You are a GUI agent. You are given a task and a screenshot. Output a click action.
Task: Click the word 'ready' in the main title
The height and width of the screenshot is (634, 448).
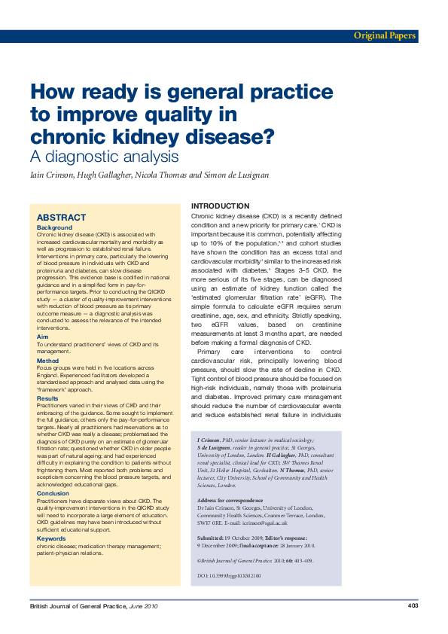106,93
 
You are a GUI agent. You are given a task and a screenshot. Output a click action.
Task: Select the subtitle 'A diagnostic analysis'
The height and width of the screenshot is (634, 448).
104,157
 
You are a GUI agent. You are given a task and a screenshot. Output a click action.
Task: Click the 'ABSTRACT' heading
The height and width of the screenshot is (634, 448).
62,217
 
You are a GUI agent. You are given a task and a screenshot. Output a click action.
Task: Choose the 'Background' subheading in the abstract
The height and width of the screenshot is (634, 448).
54,227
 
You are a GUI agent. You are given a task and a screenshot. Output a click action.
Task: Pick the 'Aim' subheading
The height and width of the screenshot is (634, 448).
42,337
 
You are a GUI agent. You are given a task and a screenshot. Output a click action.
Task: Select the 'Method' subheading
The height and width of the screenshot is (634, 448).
47,361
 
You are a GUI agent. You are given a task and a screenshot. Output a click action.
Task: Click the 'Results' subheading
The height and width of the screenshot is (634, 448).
48,398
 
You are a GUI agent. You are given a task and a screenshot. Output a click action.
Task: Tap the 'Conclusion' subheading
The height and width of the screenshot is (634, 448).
53,493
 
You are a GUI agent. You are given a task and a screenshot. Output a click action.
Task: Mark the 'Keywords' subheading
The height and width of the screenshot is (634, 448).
51,538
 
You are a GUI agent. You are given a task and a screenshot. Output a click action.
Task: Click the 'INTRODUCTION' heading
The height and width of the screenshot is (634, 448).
220,206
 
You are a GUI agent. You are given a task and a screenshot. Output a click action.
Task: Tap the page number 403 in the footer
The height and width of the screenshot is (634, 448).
413,605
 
